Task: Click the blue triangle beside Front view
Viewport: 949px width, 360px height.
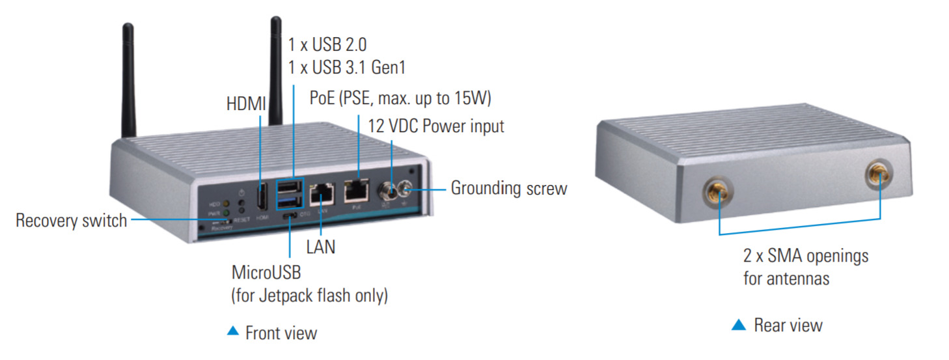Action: click(x=233, y=331)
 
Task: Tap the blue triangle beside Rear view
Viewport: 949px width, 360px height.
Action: click(x=738, y=324)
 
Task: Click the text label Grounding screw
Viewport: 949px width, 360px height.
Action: click(x=509, y=189)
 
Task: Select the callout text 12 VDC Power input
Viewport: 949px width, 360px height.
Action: click(x=436, y=126)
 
